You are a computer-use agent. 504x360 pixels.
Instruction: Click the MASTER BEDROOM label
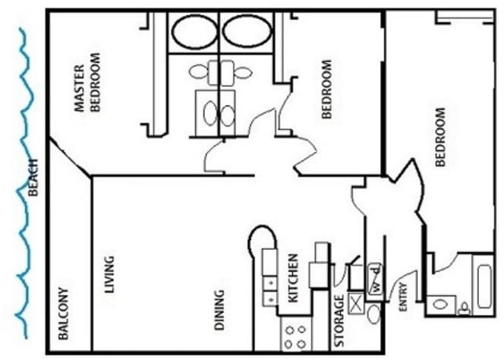[x=87, y=84]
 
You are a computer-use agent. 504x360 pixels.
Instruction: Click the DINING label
[x=219, y=309]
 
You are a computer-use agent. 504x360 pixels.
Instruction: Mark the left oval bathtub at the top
[x=194, y=33]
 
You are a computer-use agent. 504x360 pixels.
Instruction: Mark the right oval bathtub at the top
[x=245, y=33]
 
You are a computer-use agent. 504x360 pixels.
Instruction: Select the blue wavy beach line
[x=23, y=182]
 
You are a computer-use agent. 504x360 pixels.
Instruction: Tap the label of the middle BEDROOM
[x=328, y=90]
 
